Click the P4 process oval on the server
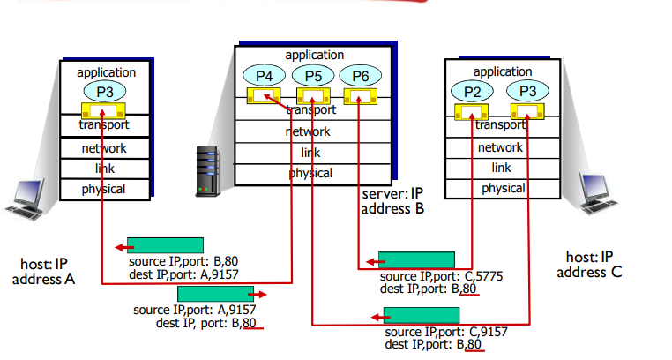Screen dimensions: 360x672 (x=265, y=76)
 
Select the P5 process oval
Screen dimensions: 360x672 (x=313, y=76)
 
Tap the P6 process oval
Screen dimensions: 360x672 (x=361, y=76)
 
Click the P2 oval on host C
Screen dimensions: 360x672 (x=472, y=90)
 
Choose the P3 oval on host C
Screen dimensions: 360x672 (x=527, y=90)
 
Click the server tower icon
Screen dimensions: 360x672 (x=207, y=171)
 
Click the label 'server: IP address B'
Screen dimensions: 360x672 (x=393, y=201)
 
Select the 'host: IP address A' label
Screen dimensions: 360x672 (x=44, y=271)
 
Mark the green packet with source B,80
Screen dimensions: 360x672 (x=165, y=244)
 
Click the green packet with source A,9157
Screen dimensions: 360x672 (x=215, y=293)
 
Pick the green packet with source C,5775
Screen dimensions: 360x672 (x=416, y=259)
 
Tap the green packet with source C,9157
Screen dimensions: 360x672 (x=422, y=315)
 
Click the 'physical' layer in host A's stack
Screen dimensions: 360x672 (x=104, y=189)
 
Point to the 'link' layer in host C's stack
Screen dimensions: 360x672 (x=501, y=168)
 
